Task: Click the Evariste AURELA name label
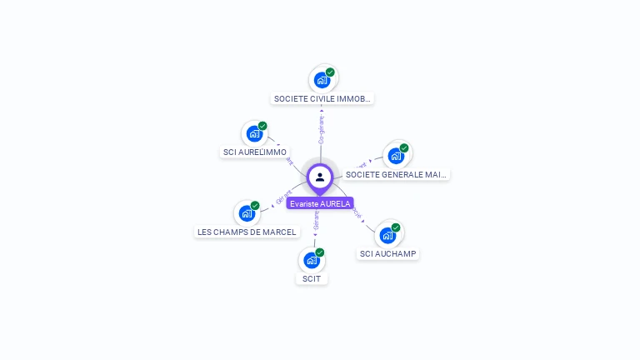tap(320, 203)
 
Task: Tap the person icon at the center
tap(320, 177)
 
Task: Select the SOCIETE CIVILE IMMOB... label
tap(322, 98)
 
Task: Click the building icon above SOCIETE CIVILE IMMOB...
tap(322, 81)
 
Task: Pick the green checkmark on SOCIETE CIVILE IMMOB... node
tap(330, 72)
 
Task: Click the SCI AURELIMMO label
tap(255, 152)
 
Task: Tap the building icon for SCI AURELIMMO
tap(254, 134)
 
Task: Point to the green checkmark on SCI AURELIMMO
tap(262, 126)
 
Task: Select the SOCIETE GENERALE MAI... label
tap(396, 174)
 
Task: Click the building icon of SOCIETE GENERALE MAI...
tap(396, 156)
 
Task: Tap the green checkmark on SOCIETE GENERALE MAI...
tap(404, 148)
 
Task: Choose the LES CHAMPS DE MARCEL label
tap(247, 232)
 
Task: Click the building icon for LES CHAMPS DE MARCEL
tap(247, 213)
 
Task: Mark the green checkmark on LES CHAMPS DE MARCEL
tap(255, 206)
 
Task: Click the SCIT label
tap(312, 278)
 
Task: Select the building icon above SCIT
tap(312, 260)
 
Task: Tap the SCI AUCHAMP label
tap(387, 253)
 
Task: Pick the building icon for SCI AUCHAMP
tap(387, 235)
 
